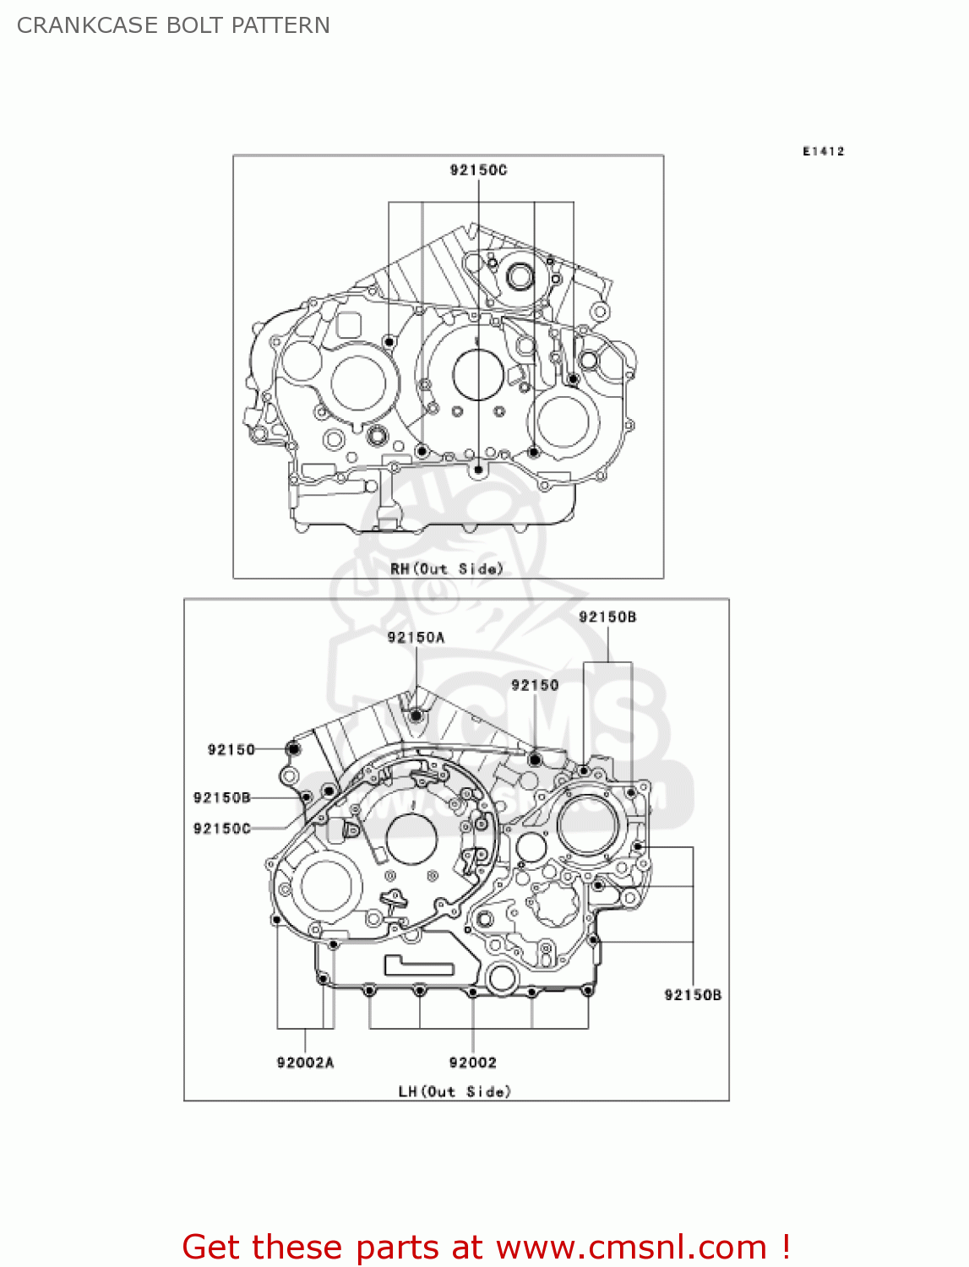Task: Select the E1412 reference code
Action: [x=823, y=151]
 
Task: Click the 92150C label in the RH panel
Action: [x=478, y=170]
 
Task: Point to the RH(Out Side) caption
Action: [x=446, y=568]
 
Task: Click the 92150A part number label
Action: [x=416, y=637]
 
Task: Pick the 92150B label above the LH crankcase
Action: [x=607, y=617]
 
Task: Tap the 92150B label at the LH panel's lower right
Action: [x=693, y=995]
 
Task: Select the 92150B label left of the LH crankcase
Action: [x=222, y=797]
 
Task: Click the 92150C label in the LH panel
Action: [x=222, y=829]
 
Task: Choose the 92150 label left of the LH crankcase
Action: [x=231, y=749]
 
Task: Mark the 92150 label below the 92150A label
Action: [x=535, y=685]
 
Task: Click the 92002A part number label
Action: [x=305, y=1062]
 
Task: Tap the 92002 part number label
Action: [x=472, y=1062]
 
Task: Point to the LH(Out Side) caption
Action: [x=455, y=1091]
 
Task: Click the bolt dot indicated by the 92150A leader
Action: [x=416, y=716]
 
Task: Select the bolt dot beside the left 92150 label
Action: [x=293, y=749]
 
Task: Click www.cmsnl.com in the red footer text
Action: [x=631, y=1247]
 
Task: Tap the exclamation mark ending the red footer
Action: [x=786, y=1247]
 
